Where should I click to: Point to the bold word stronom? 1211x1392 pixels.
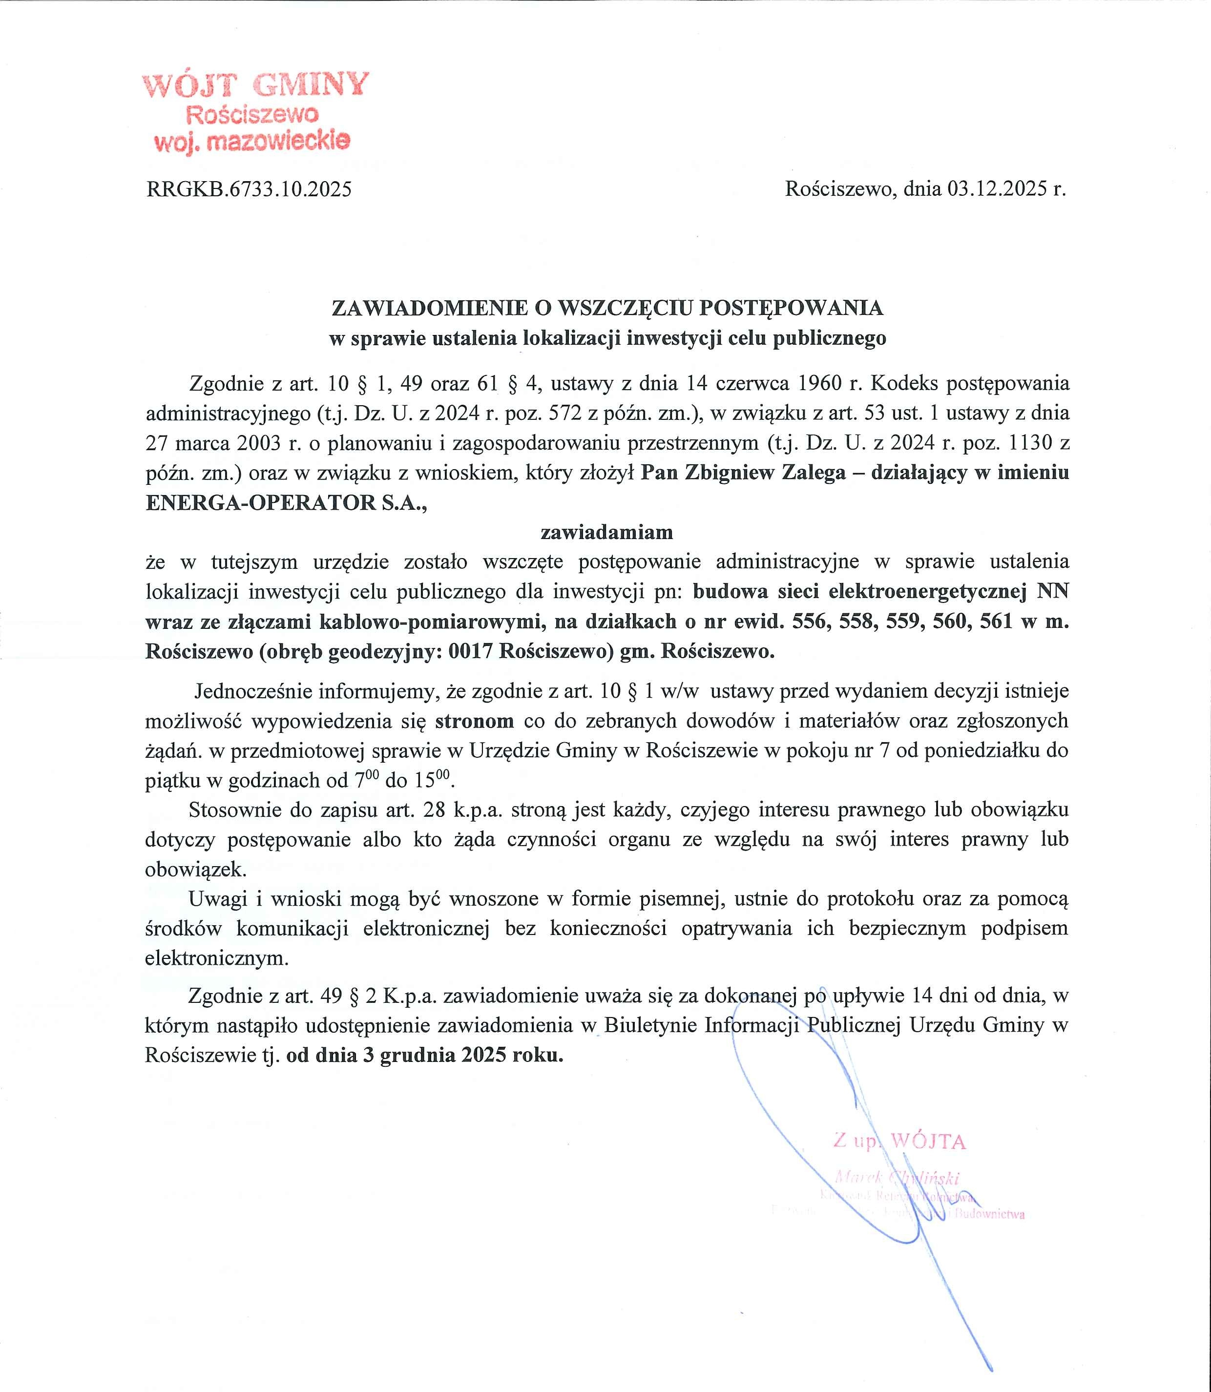point(475,721)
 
